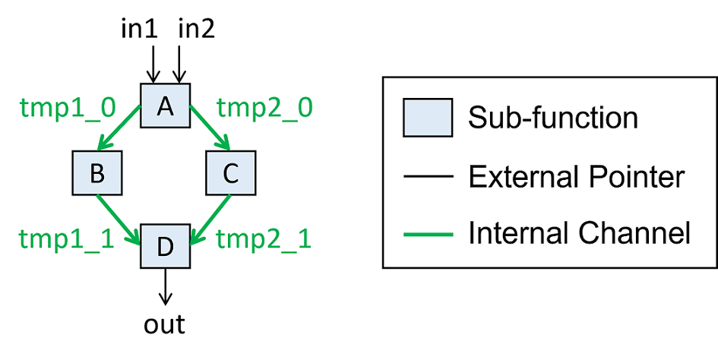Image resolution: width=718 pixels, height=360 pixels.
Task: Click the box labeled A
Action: pyautogui.click(x=165, y=107)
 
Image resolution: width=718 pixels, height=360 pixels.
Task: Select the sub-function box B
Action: pyautogui.click(x=97, y=174)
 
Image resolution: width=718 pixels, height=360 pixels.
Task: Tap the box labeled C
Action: pyautogui.click(x=231, y=174)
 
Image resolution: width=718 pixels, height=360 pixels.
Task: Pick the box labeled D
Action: pyautogui.click(x=165, y=247)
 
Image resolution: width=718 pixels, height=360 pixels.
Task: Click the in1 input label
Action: pyautogui.click(x=140, y=30)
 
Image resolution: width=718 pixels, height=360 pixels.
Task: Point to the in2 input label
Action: pyautogui.click(x=197, y=30)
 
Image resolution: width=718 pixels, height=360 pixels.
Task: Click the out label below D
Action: pyautogui.click(x=165, y=324)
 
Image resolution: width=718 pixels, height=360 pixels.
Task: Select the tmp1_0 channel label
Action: pyautogui.click(x=66, y=108)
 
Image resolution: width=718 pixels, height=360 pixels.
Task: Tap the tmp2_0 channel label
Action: pyautogui.click(x=264, y=108)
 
